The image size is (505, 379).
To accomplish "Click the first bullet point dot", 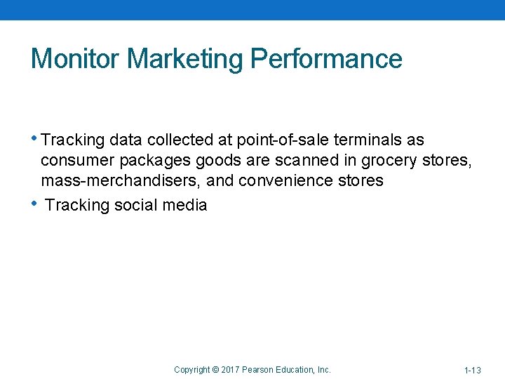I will pos(36,138).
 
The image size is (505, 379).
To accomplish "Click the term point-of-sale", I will pos(292,140).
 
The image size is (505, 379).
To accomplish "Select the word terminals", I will pos(370,140).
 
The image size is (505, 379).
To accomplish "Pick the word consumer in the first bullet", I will pos(74,161).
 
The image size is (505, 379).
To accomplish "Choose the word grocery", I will pos(390,161).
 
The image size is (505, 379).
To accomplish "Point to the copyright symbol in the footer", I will pos(215,370).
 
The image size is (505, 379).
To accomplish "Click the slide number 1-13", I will pos(472,370).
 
